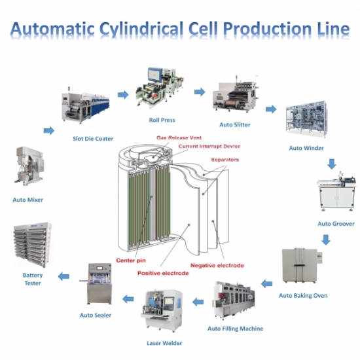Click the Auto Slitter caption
tap(234, 124)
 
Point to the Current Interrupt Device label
tap(205, 146)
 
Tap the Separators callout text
tap(225, 159)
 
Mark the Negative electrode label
tap(217, 265)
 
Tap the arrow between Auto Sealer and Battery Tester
tap(63, 276)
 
